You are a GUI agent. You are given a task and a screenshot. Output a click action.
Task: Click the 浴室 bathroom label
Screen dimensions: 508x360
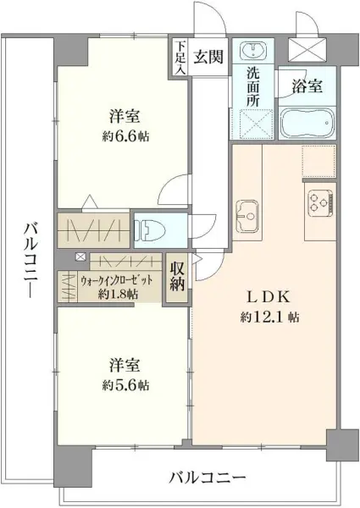click(306, 86)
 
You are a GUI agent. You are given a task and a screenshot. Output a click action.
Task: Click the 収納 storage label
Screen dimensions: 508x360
click(176, 278)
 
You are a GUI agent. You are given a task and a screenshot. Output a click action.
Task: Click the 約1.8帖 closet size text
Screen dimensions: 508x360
click(115, 294)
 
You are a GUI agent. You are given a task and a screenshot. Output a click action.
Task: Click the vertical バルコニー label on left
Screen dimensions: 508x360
click(30, 265)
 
